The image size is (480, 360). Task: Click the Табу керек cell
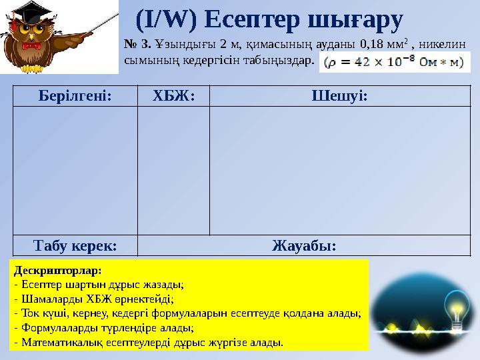(75, 245)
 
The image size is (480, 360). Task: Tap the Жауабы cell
(304, 245)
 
